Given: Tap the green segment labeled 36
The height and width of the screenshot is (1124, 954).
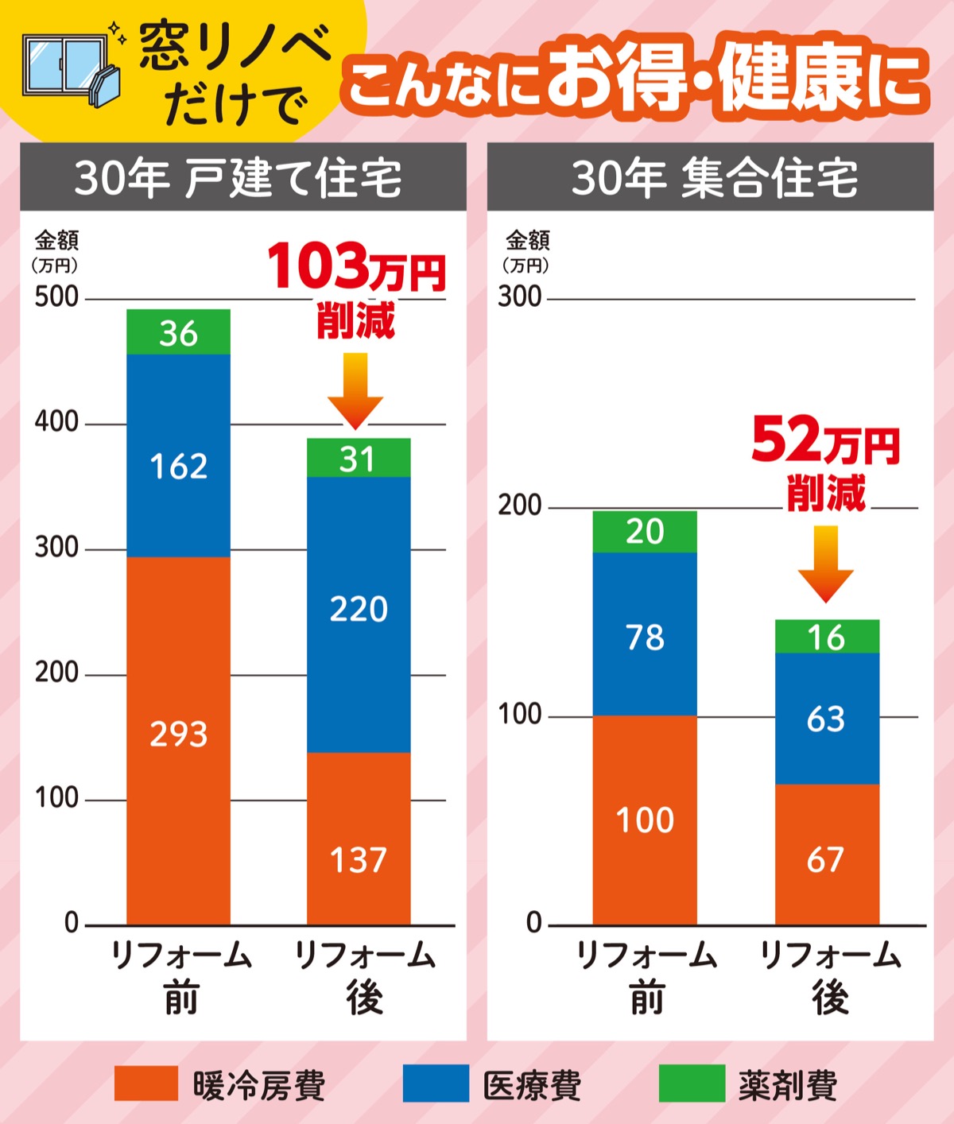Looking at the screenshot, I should [x=178, y=332].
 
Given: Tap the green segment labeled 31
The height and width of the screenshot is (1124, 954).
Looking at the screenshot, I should [x=359, y=458].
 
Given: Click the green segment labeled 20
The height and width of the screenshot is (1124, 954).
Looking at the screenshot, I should [x=645, y=532].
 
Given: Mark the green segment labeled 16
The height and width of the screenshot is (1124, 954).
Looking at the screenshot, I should [x=827, y=637].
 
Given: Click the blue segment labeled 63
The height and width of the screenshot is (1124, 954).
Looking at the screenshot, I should [x=827, y=719].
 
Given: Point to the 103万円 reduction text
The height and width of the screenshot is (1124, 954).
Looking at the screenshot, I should [x=356, y=268].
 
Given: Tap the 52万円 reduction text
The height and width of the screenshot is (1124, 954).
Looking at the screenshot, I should [x=825, y=442].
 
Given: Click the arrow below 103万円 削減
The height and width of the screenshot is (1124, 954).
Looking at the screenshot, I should [x=355, y=390].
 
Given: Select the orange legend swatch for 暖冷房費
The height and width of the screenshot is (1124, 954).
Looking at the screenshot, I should [x=145, y=1084].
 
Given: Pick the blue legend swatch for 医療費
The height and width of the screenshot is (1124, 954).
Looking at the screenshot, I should [x=436, y=1084].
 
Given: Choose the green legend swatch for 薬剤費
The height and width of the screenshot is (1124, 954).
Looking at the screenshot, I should [x=692, y=1084].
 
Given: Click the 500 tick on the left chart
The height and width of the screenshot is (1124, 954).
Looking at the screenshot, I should [x=56, y=297].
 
